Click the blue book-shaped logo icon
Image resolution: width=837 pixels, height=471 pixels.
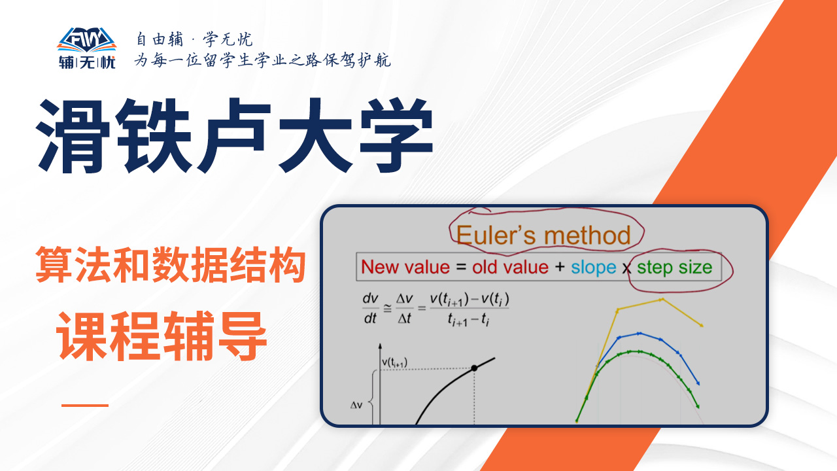tap(87, 40)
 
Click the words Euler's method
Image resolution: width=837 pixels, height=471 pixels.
tap(543, 235)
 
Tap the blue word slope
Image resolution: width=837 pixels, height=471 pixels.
tap(593, 268)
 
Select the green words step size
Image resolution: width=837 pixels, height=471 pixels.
tap(674, 268)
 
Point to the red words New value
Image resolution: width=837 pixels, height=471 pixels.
tap(405, 268)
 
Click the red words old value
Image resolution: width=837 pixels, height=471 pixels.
tap(510, 268)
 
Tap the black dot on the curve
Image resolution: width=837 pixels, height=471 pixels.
tap(474, 368)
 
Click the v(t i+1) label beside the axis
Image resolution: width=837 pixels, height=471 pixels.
tap(394, 362)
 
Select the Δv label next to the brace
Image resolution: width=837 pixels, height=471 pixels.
tap(356, 405)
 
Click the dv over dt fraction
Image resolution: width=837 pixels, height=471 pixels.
tap(370, 308)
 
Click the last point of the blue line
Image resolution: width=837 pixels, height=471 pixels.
tap(698, 383)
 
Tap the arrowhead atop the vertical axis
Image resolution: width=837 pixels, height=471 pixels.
tap(380, 346)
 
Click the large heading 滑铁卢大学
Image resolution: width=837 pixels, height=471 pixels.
tap(234, 136)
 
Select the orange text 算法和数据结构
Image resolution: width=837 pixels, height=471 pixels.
tap(171, 265)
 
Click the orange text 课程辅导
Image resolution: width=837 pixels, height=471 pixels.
tap(162, 336)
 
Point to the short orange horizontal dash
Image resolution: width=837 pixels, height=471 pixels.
tap(85, 405)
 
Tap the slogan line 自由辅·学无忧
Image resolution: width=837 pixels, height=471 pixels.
tap(194, 39)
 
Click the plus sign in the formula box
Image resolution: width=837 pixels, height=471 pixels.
tap(559, 267)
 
